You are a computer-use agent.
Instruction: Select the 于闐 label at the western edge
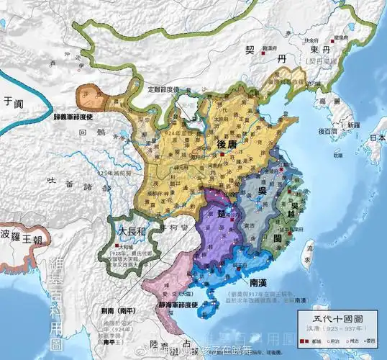click(x=10, y=101)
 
